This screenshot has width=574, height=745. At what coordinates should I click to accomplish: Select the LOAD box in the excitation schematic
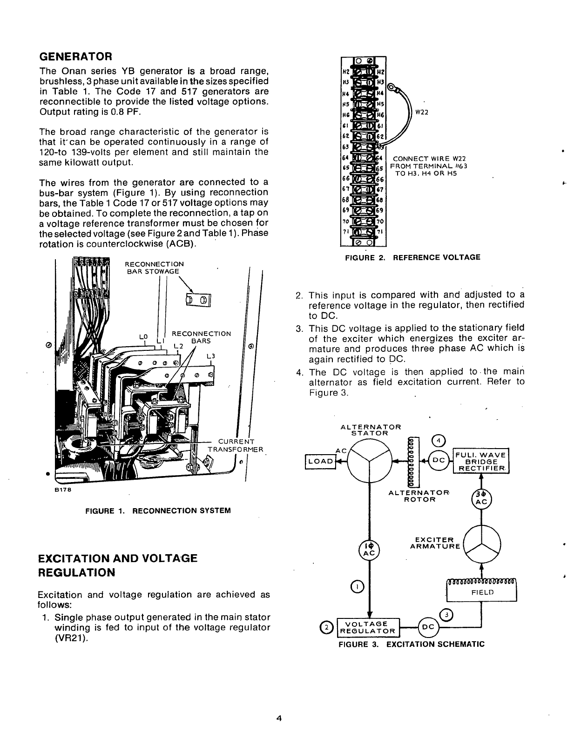coord(320,461)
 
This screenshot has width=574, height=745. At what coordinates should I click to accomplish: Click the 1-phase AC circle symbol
coord(369,550)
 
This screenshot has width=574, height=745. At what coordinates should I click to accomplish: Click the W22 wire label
coord(422,112)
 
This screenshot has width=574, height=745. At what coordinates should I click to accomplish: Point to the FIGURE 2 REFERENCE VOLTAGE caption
coord(412,257)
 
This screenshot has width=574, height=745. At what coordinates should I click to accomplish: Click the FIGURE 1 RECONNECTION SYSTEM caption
coord(158,510)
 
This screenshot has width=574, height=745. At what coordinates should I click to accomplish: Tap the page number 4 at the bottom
coord(279,718)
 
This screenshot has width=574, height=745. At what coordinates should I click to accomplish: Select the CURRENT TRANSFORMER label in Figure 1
coord(236,445)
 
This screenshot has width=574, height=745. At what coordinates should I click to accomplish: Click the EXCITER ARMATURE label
coord(435,543)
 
